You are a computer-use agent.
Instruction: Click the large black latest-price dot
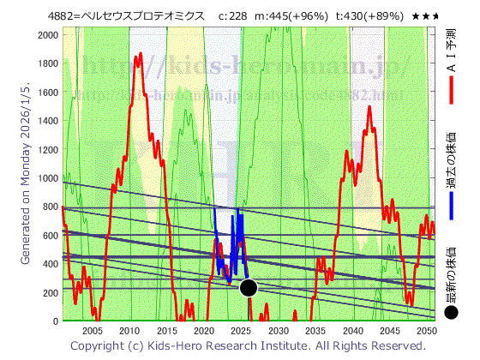(249, 288)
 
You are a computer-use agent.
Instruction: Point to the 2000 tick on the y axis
(49, 33)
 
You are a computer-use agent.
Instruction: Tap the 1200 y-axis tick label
(49, 148)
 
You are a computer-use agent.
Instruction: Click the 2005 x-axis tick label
(92, 331)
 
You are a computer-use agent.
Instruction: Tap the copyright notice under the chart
(247, 345)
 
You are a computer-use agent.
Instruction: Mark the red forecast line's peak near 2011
(139, 54)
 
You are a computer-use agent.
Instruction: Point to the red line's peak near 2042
(369, 107)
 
